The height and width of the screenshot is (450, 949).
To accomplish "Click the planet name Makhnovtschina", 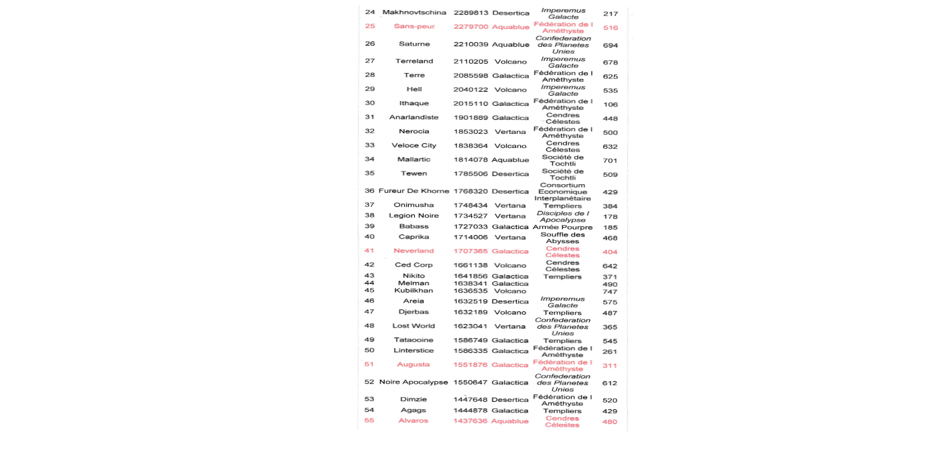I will [414, 13].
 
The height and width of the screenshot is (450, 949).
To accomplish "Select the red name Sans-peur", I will [414, 26].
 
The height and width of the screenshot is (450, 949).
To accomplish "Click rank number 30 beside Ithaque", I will [369, 103].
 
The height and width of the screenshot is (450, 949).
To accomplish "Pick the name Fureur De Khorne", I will [414, 191].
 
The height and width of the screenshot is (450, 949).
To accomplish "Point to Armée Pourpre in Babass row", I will [562, 227].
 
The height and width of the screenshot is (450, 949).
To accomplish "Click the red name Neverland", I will [414, 251].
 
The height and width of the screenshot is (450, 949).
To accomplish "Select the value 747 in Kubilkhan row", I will [610, 292].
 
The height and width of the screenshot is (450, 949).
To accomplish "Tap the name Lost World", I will [414, 326].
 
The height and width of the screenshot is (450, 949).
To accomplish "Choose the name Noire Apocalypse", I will [414, 382].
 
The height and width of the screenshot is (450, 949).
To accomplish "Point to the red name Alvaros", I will [414, 421].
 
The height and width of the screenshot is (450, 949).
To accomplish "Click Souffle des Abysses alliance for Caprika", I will [562, 238].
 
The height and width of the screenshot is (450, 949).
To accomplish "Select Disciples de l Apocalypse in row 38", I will [562, 216].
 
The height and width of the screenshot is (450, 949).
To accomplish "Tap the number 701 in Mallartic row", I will [610, 161].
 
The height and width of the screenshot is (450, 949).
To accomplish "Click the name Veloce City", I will [414, 145].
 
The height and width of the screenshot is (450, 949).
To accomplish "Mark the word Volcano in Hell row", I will [511, 90].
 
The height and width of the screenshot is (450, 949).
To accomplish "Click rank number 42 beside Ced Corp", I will [369, 265].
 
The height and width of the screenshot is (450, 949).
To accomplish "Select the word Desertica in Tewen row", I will [511, 174].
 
